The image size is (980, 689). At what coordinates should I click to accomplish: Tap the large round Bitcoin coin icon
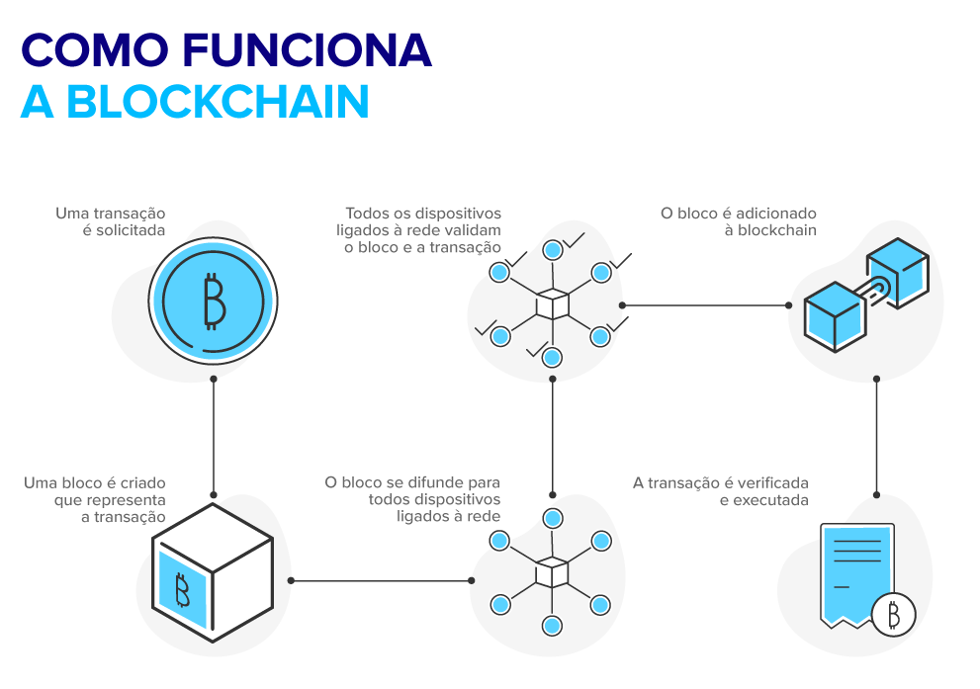click(x=213, y=300)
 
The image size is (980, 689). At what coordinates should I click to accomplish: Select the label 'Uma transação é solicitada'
click(x=110, y=221)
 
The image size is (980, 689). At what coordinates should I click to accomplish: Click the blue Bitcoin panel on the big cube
click(x=182, y=589)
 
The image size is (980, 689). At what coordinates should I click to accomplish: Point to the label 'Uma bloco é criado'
click(x=95, y=482)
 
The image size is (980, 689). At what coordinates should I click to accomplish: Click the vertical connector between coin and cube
click(x=213, y=435)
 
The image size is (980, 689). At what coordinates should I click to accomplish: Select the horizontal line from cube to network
click(x=381, y=580)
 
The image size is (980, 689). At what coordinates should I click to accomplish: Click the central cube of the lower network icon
click(x=552, y=574)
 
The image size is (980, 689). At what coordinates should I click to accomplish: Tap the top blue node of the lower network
click(x=552, y=516)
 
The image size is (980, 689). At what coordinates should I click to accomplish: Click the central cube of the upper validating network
click(x=552, y=303)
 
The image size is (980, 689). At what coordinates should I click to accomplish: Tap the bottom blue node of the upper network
click(x=552, y=357)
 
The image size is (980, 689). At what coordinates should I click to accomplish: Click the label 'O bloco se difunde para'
click(x=412, y=482)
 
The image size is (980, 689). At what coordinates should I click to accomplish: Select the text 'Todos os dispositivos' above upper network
click(x=423, y=214)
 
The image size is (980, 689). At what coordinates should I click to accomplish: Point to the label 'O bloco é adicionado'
click(x=739, y=214)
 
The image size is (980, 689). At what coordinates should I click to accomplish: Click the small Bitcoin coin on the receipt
click(x=894, y=615)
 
